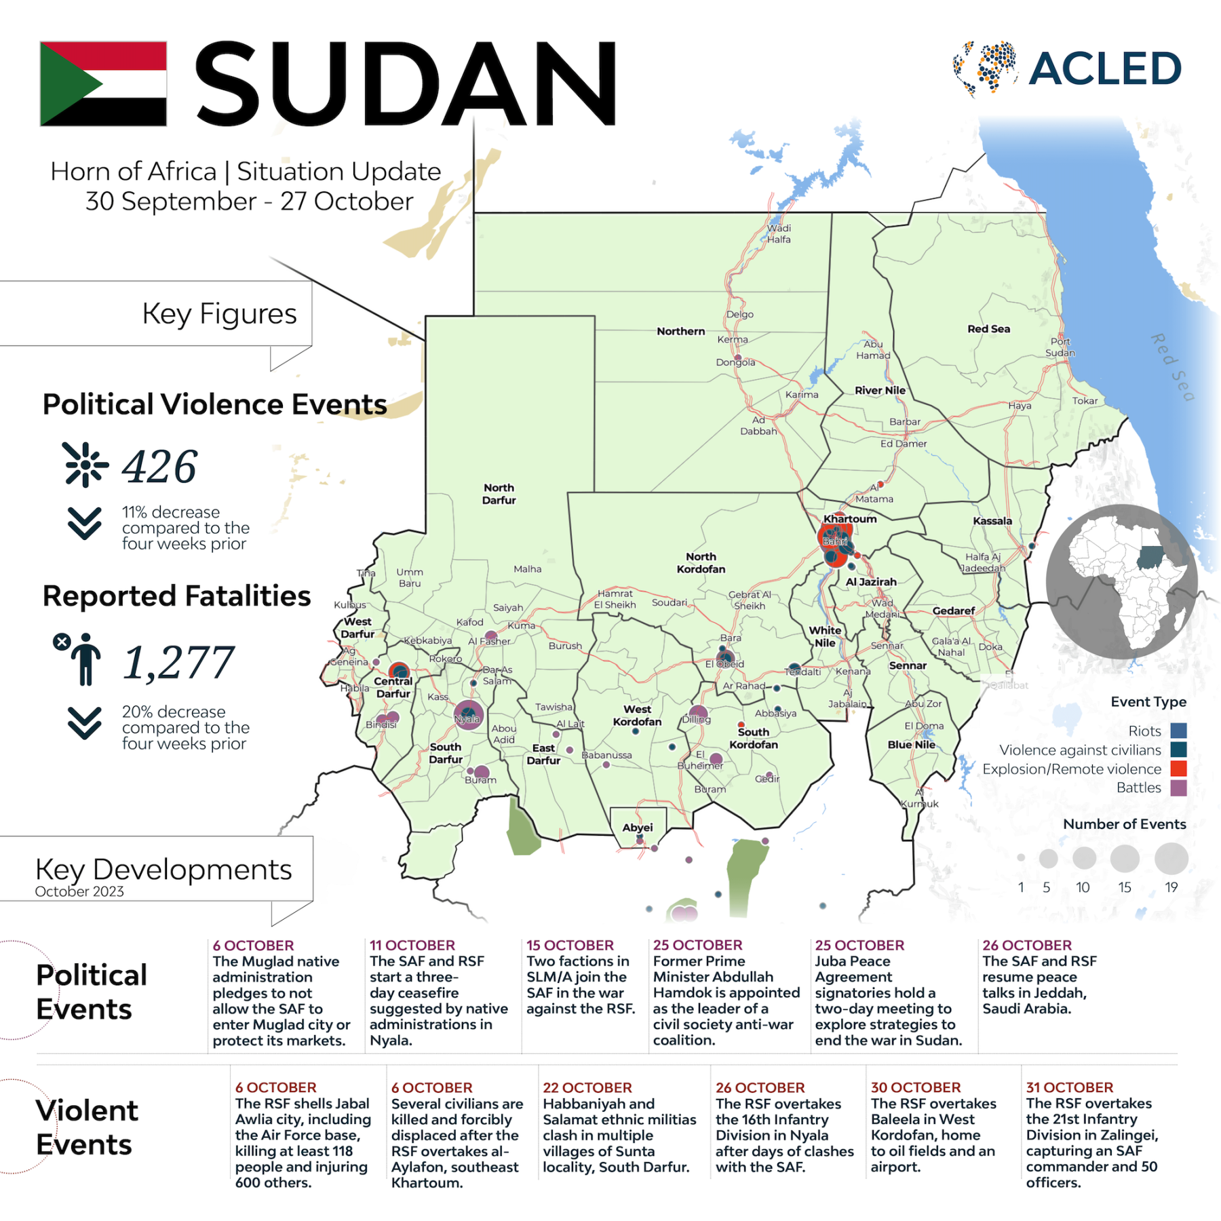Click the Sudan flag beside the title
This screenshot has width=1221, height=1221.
coord(103,83)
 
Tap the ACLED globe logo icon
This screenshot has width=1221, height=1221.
coord(985,68)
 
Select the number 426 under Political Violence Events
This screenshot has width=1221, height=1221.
coord(159,467)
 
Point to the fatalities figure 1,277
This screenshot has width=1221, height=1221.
coord(178,662)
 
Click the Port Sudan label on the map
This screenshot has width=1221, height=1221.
coord(1060,347)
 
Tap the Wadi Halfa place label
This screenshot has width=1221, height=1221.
coord(779,233)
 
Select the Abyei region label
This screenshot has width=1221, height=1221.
coord(638,827)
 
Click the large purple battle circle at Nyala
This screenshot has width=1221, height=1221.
coord(468,715)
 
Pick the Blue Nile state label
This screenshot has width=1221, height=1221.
coord(911,744)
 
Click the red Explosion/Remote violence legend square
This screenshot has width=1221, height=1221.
coord(1178,769)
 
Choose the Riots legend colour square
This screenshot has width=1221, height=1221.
coord(1178,731)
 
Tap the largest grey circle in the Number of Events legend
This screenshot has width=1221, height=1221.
coord(1171,858)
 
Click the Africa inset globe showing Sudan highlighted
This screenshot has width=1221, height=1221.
coord(1122,582)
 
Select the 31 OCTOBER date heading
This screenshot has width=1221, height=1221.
coord(1070,1087)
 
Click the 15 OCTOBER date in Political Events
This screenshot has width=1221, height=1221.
coord(570,945)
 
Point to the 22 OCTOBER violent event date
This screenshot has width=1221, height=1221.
coord(587,1087)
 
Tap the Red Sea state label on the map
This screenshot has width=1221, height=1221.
coord(988,329)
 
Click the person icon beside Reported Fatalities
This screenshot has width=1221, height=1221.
coord(84,659)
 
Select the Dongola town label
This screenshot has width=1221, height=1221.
coord(735,362)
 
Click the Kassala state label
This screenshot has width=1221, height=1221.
coord(992,521)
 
